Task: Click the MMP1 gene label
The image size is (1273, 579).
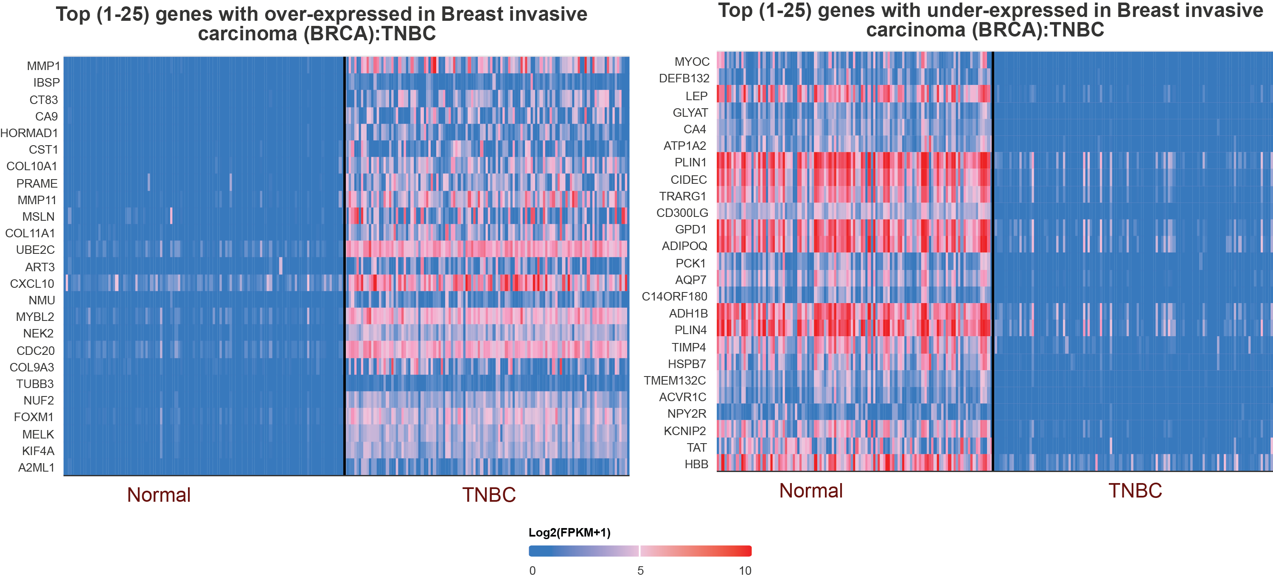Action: click(43, 66)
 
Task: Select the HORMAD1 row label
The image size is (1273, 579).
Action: click(29, 133)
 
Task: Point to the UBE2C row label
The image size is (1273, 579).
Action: click(35, 250)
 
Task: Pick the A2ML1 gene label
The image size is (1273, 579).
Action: click(36, 468)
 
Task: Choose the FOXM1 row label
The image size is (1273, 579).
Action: click(34, 417)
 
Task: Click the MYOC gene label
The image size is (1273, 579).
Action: click(692, 62)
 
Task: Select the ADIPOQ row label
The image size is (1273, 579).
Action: click(684, 246)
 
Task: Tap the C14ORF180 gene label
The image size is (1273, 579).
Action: click(675, 296)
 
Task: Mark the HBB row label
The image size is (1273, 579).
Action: click(696, 464)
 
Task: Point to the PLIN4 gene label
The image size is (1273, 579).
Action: click(690, 330)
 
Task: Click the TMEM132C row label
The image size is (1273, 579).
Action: click(675, 380)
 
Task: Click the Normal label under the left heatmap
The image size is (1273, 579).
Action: click(159, 495)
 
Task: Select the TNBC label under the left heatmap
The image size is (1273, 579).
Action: click(489, 495)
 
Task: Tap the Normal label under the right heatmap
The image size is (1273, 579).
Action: click(811, 490)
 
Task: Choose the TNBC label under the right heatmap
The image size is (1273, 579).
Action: click(1135, 490)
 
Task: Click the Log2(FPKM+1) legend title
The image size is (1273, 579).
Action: click(569, 533)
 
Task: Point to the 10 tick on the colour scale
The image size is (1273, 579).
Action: click(745, 571)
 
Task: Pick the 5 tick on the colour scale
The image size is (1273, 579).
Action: click(640, 571)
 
